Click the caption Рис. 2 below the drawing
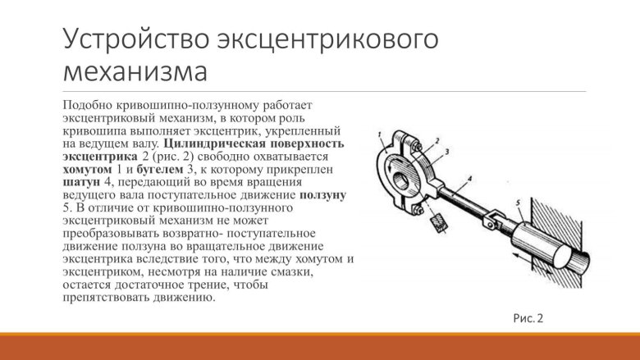coord(528,317)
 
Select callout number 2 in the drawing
coord(438,140)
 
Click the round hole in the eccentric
coord(403,178)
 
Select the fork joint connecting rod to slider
coord(491,218)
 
